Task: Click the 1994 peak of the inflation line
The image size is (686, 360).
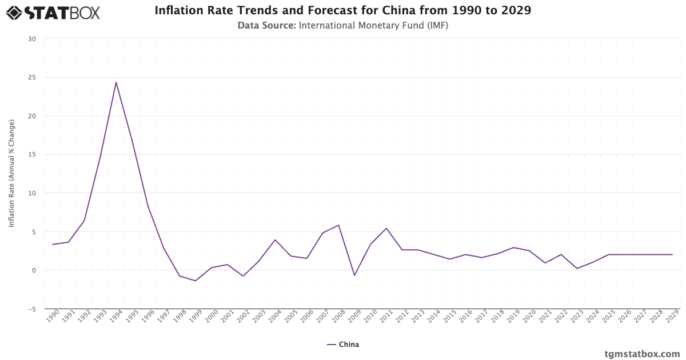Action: pos(116,82)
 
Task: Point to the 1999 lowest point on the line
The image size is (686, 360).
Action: pos(196,281)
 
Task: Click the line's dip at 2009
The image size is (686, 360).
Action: pos(354,275)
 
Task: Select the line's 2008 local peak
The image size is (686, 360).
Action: pos(338,225)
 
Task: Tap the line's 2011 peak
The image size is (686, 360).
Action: pos(386,229)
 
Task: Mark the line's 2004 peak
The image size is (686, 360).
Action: pos(275,240)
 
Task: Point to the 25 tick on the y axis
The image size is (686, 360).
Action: pos(32,77)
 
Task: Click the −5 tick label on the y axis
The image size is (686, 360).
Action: pos(32,309)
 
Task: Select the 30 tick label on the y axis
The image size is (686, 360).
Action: pos(32,39)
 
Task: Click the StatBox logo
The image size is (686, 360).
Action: pos(53,13)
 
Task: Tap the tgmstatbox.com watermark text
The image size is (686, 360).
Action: pos(642,354)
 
